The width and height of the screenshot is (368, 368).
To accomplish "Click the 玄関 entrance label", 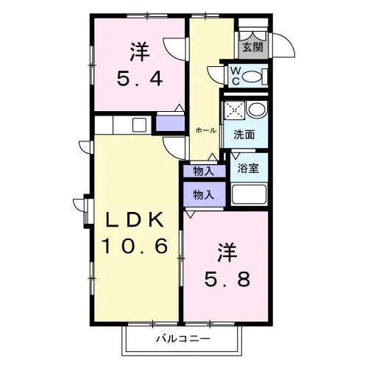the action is point(252,47).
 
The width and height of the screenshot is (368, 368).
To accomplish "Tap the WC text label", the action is point(236,76).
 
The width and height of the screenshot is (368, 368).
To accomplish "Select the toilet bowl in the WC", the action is point(252,77).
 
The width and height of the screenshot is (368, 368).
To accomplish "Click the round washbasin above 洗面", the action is point(257,110).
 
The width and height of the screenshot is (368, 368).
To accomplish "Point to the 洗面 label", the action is point(244,135).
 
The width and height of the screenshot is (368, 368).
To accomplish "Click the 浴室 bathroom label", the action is point(248,169).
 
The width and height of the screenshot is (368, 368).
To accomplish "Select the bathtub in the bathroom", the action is point(249,195).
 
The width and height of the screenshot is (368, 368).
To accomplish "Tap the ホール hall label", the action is point(205,130).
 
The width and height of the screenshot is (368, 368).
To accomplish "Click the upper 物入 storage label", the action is point(204,171).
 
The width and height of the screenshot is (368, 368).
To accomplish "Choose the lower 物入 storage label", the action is point(204,195).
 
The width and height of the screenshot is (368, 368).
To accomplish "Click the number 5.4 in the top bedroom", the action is point(140,78).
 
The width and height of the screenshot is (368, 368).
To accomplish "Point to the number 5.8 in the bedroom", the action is point(227,279).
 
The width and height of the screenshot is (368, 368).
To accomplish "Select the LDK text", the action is point(135,219).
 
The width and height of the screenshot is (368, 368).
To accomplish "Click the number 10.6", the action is point(135,246).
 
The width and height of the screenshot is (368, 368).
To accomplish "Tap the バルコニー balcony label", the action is point(183,339).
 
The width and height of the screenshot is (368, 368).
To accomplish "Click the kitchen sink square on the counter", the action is point(139,124).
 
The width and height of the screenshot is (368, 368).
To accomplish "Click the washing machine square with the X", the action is point(235,110).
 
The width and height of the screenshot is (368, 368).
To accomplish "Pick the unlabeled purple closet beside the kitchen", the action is point(170,123).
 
